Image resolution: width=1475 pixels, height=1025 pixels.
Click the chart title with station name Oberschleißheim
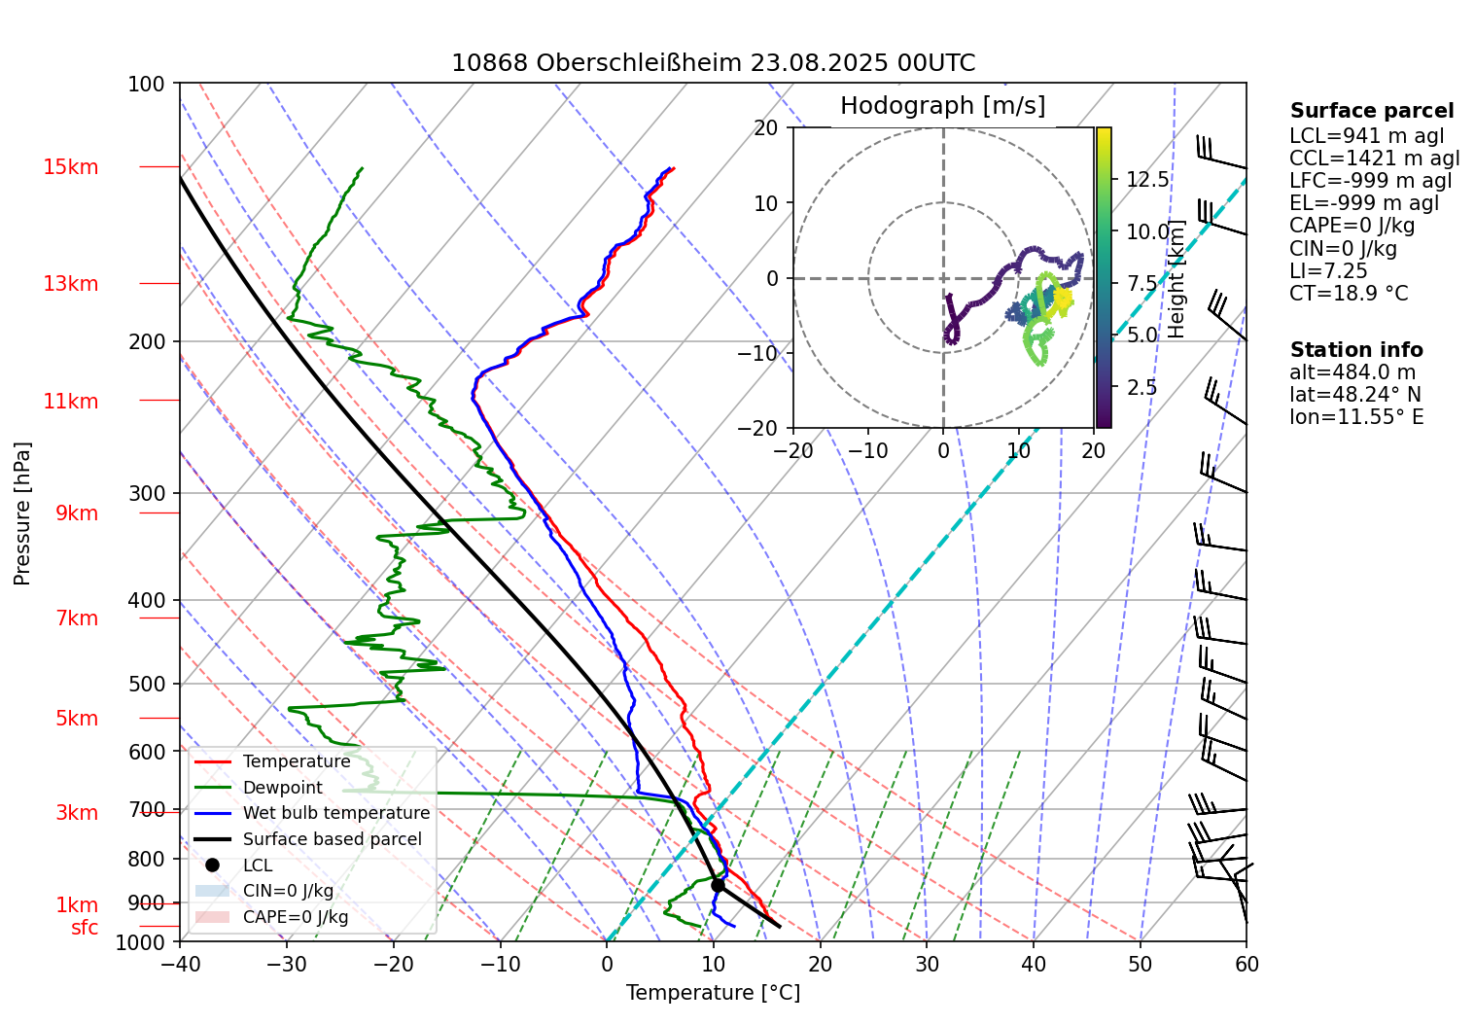click(x=713, y=63)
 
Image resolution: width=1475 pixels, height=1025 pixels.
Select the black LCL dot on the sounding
click(x=718, y=885)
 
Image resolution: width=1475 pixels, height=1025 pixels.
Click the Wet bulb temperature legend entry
click(x=335, y=813)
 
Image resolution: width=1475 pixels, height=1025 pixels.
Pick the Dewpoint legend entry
click(x=282, y=788)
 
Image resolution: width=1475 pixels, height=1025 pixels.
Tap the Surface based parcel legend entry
click(x=332, y=839)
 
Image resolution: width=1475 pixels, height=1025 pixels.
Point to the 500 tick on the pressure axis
click(x=148, y=684)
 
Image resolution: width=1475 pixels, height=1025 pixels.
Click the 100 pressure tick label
click(x=147, y=85)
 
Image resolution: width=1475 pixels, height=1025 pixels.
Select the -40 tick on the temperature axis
click(x=180, y=964)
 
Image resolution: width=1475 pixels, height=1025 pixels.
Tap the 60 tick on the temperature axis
click(x=1247, y=964)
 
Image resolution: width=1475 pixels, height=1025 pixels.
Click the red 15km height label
click(x=71, y=167)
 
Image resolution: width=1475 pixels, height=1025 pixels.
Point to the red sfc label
click(x=85, y=928)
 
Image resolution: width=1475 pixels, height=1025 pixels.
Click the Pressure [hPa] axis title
click(x=22, y=513)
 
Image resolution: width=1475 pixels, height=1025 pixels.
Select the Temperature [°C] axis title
click(x=713, y=993)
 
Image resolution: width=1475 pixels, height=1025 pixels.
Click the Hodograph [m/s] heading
click(x=942, y=106)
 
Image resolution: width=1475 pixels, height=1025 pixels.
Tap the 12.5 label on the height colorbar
click(x=1147, y=180)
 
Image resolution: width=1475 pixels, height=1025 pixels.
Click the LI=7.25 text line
click(x=1328, y=271)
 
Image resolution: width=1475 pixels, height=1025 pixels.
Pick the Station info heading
click(x=1356, y=350)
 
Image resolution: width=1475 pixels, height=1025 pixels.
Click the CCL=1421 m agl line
click(x=1374, y=159)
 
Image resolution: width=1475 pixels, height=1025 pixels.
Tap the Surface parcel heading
click(x=1372, y=111)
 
